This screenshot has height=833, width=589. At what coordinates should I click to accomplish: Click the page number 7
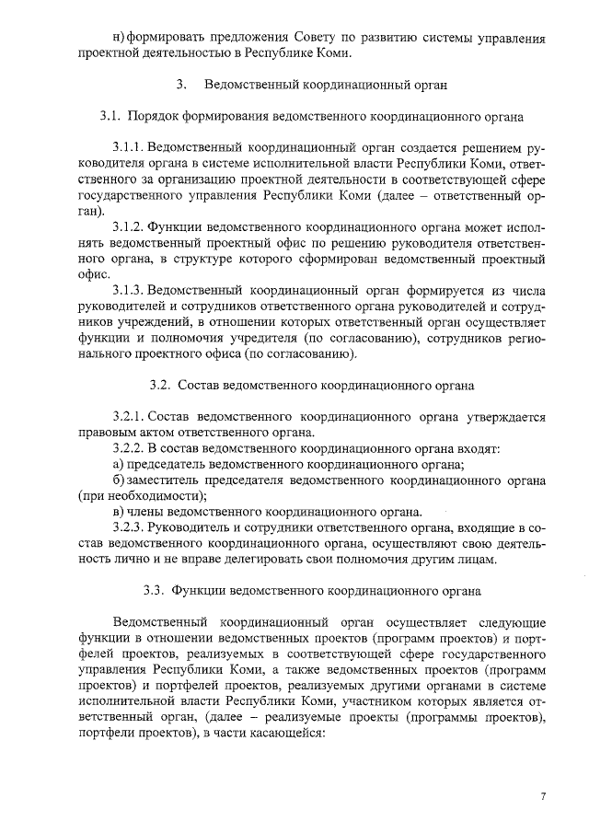coord(544,796)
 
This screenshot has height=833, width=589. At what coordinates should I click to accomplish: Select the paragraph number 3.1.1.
coord(127,148)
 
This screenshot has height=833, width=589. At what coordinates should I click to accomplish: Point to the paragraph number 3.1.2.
coord(127,226)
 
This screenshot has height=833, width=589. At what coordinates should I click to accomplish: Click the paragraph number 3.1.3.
coord(127,290)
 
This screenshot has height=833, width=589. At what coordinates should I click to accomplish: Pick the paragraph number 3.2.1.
coord(127,417)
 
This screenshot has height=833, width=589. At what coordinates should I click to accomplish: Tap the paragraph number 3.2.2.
coord(127,448)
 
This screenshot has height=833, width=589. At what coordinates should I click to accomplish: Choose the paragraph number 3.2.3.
coord(127,527)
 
